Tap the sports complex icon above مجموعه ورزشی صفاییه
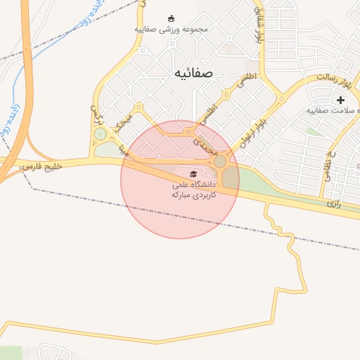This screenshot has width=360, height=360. coord(172,18)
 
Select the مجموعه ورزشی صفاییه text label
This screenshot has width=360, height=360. coord(171,30)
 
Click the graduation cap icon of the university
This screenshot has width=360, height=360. coord(193,174)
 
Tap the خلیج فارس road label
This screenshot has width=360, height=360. coord(42,166)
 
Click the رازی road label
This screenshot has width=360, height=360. coord(333,202)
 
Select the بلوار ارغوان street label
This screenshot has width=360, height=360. coord(253,126)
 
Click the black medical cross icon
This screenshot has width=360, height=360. coord(341,100)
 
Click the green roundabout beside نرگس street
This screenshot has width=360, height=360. coord(101,134)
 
